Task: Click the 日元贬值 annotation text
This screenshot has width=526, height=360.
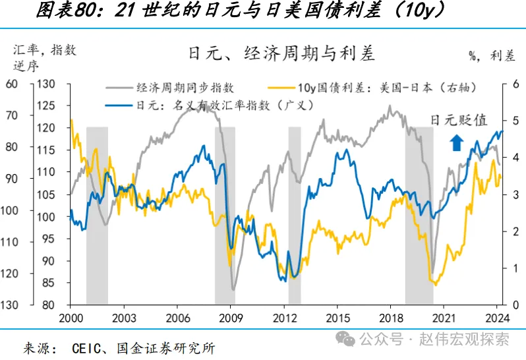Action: pos(459,120)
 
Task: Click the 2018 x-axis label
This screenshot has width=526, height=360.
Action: pos(391,316)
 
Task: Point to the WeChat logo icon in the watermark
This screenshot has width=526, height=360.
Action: pos(345,339)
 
